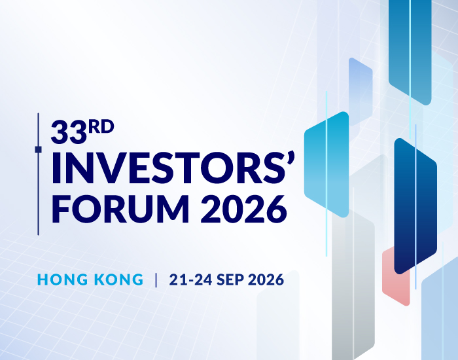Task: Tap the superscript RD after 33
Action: pyautogui.click(x=101, y=126)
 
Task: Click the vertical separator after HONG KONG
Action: pyautogui.click(x=156, y=280)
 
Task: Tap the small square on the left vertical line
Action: pyautogui.click(x=38, y=150)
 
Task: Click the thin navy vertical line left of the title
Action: pyautogui.click(x=38, y=196)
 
